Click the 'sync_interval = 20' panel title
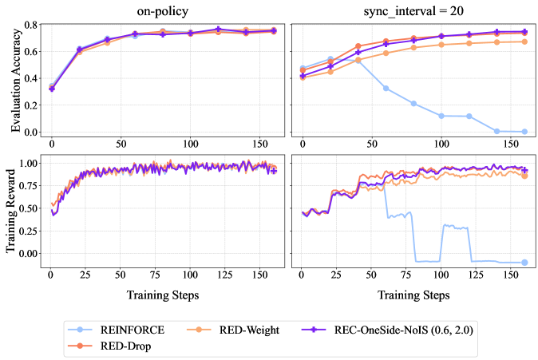click(x=413, y=11)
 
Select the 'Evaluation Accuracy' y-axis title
click(x=17, y=78)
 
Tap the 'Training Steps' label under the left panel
click(x=162, y=295)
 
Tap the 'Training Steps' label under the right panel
click(x=413, y=295)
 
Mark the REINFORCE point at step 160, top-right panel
click(x=524, y=132)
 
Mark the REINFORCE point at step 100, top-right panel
click(x=441, y=116)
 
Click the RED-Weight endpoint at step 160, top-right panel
click(x=524, y=42)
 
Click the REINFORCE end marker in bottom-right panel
click(x=524, y=262)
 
